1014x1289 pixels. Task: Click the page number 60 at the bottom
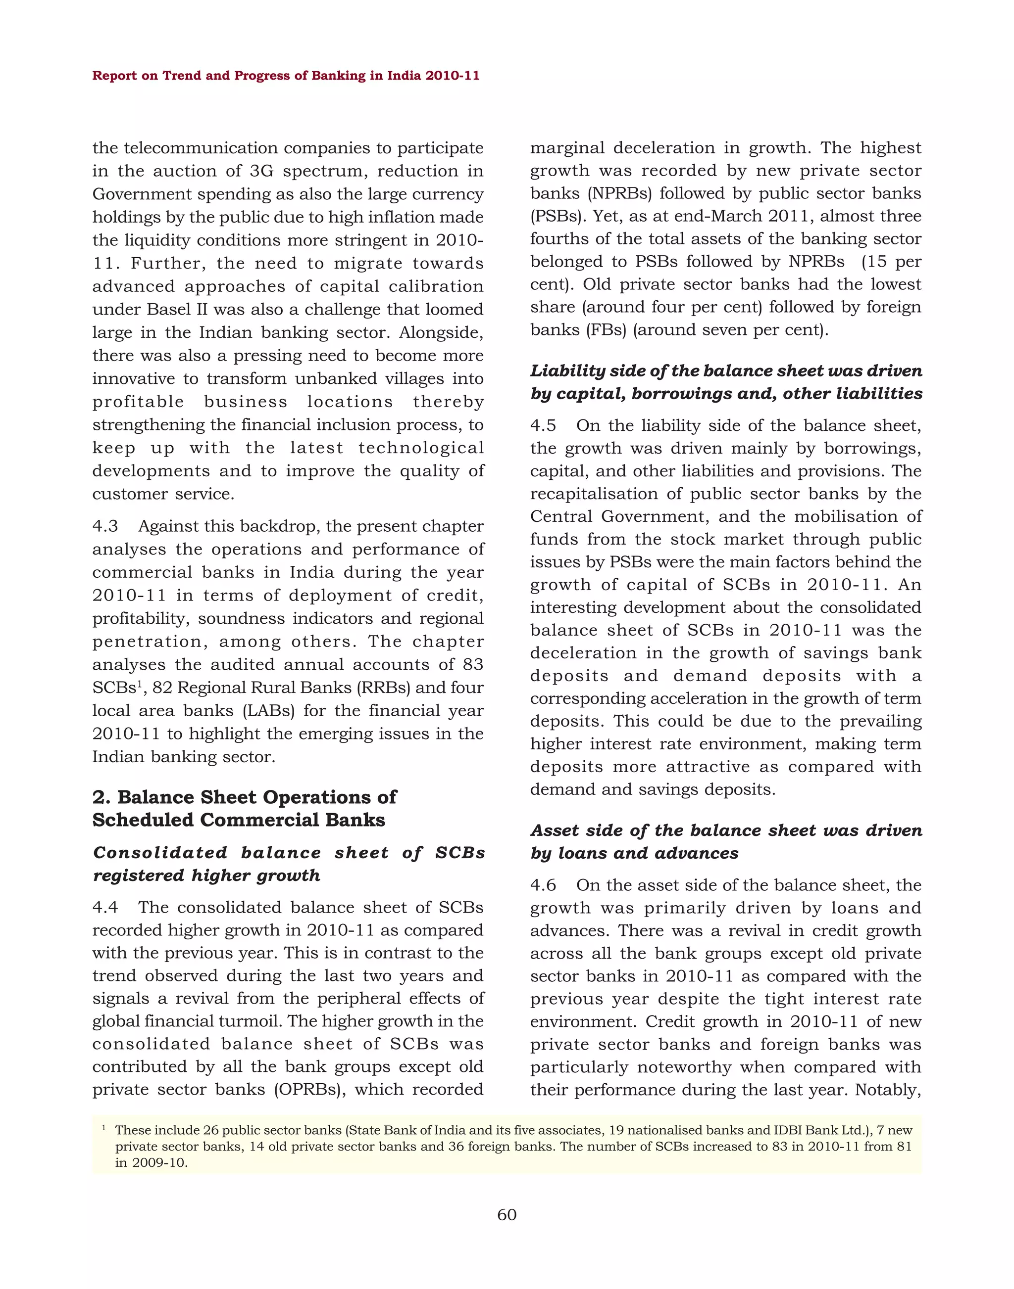pos(507,1214)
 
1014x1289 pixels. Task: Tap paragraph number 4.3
pos(105,526)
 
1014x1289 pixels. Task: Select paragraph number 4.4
pos(105,907)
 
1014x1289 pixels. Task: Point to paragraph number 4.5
pos(543,425)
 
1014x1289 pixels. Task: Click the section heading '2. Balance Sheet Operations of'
pos(244,797)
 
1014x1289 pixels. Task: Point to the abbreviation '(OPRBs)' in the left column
pos(310,1089)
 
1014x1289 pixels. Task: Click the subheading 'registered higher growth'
pos(206,875)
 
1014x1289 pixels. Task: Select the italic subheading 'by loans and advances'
pos(634,853)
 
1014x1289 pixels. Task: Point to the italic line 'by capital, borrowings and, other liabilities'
pos(726,393)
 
